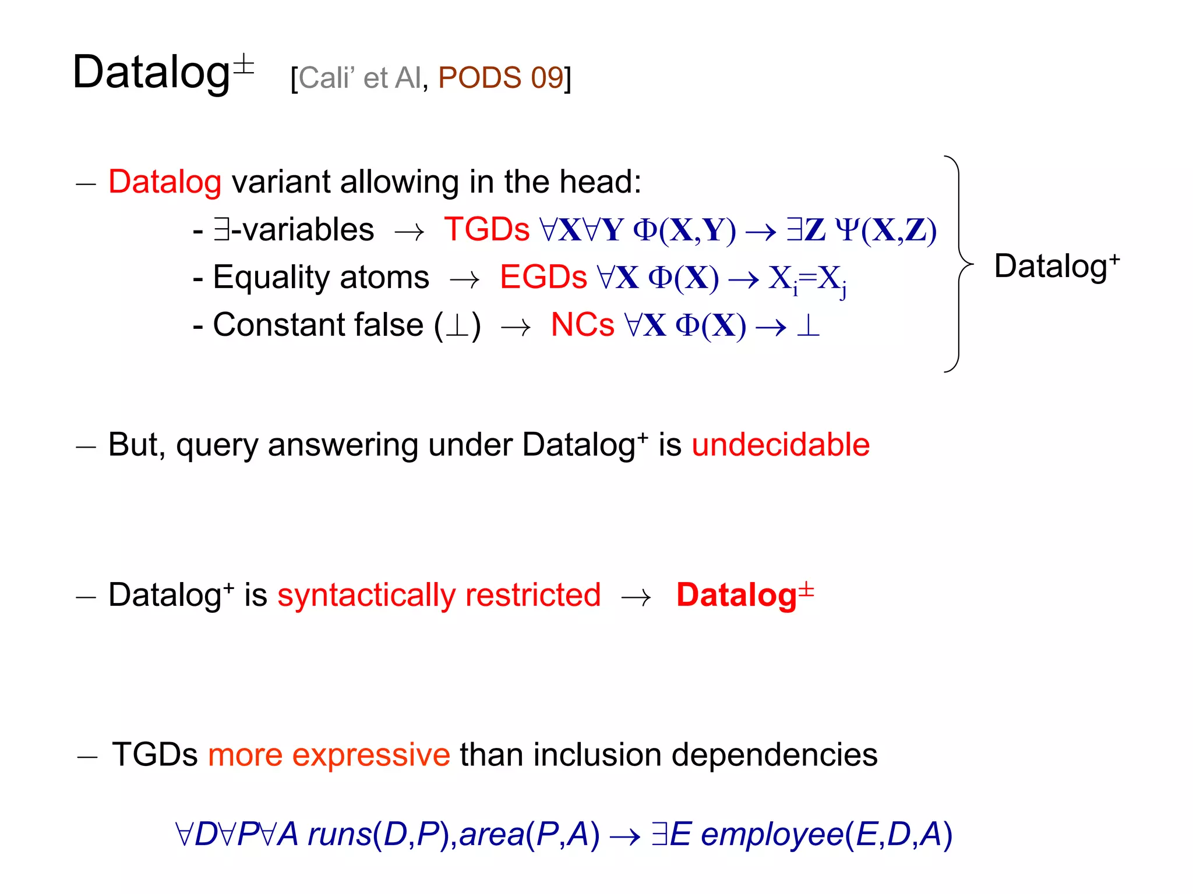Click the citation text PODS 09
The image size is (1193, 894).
(x=500, y=78)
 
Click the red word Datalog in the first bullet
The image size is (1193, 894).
(x=165, y=182)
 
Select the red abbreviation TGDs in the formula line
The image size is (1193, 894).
(x=486, y=230)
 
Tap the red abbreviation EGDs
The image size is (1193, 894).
(x=543, y=278)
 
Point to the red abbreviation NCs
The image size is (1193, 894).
(x=582, y=325)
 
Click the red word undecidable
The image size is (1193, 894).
(x=781, y=445)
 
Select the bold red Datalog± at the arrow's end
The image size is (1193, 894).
(x=744, y=595)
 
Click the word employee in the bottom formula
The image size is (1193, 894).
(x=772, y=834)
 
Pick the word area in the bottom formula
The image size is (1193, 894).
(x=492, y=834)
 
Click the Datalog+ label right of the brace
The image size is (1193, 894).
(x=1056, y=266)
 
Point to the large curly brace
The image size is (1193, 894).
(x=958, y=264)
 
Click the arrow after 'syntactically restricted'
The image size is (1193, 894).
(x=636, y=597)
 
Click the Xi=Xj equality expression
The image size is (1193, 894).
(x=807, y=280)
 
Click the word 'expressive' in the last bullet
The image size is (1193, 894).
(x=370, y=755)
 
